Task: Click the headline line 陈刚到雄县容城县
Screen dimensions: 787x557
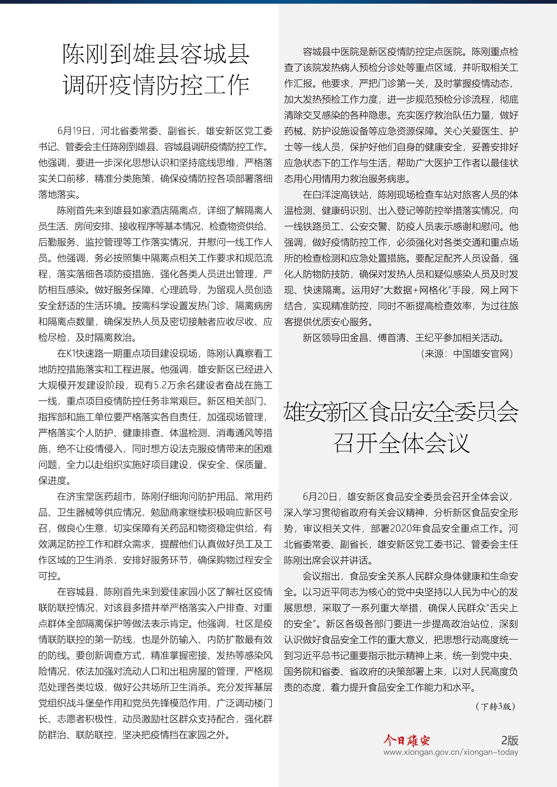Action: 156,54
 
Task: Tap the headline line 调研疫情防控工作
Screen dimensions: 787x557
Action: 156,85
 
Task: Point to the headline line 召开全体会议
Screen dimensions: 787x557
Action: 401,442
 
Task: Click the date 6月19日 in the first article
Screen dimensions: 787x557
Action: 74,131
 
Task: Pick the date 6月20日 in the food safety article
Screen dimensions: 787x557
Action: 320,497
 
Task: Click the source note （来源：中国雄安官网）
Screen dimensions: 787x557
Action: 467,354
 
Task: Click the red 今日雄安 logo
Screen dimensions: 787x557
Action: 406,740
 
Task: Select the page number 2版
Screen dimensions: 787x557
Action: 509,740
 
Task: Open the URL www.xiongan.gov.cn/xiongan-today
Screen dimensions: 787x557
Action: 450,752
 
